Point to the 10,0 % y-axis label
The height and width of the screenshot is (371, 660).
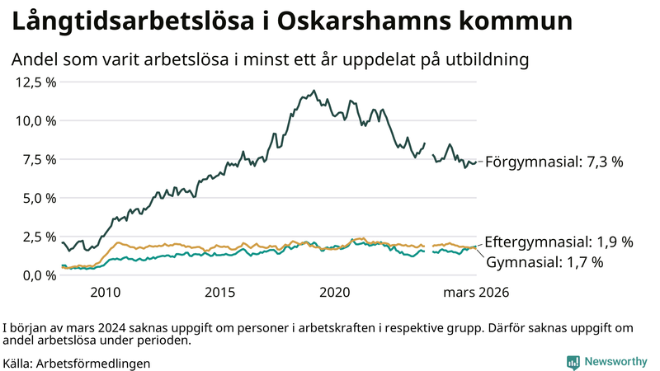click(x=34, y=120)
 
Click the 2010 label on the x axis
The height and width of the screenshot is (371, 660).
click(x=106, y=293)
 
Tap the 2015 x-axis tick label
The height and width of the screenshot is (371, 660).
click(x=220, y=293)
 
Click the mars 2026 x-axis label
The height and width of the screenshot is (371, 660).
click(x=476, y=293)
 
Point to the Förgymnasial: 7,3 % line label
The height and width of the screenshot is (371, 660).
click(x=554, y=162)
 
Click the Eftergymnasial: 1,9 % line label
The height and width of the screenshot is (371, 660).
click(x=559, y=242)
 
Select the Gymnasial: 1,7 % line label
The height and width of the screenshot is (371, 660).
click(x=544, y=262)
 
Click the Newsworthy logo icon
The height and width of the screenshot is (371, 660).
click(x=572, y=362)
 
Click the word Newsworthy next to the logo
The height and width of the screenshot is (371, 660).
click(x=615, y=362)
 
